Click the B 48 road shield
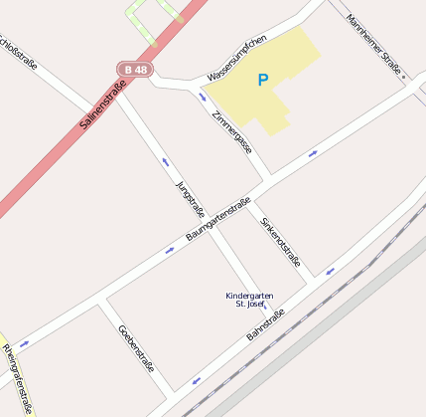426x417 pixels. [x=135, y=70]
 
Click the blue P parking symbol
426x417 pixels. [x=263, y=80]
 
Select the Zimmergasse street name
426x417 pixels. [x=232, y=130]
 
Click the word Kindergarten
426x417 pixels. [x=249, y=296]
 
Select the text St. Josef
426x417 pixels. [x=249, y=305]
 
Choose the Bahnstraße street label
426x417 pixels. [x=265, y=325]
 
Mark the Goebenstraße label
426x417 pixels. [x=136, y=347]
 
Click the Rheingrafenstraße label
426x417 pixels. [x=18, y=378]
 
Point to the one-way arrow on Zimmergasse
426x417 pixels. [x=203, y=98]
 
